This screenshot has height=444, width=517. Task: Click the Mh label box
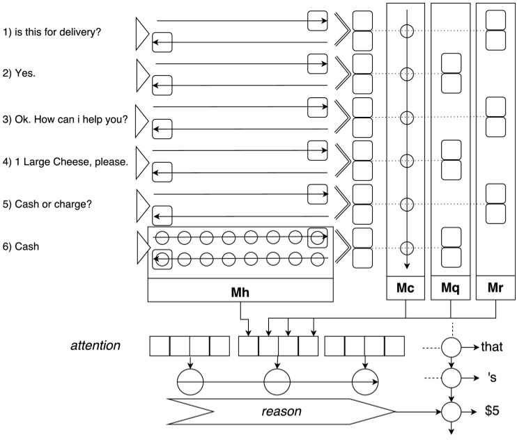[x=240, y=291]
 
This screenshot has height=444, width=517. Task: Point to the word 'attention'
[x=98, y=344]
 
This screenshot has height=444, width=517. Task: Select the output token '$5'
[x=492, y=411]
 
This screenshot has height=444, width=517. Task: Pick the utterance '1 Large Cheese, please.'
[x=65, y=161]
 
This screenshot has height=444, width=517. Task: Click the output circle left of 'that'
[x=452, y=346]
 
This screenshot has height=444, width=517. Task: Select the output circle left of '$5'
[x=452, y=411]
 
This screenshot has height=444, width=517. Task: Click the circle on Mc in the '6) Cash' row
[x=406, y=247]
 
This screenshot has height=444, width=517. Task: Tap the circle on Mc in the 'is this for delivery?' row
[x=406, y=31]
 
